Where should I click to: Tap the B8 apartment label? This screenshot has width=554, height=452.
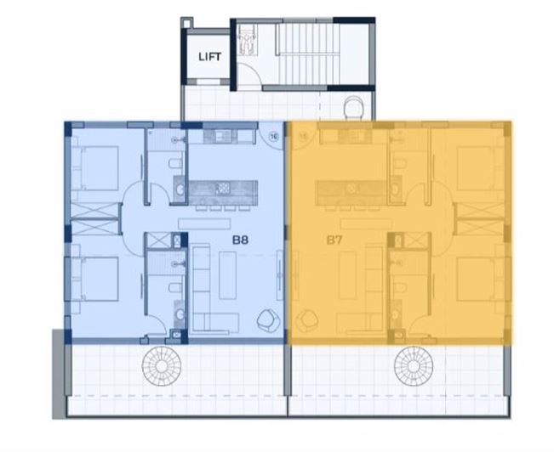click(241, 240)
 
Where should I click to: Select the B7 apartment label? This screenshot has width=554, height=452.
click(334, 240)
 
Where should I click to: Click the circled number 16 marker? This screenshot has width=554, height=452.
click(274, 135)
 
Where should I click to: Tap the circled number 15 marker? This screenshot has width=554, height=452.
click(300, 135)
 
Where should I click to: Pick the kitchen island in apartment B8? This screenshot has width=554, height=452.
click(223, 189)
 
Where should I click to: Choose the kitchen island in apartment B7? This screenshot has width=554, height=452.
click(350, 189)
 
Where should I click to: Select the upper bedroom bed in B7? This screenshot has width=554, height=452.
click(477, 167)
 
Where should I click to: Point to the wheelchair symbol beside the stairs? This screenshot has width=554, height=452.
click(247, 36)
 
